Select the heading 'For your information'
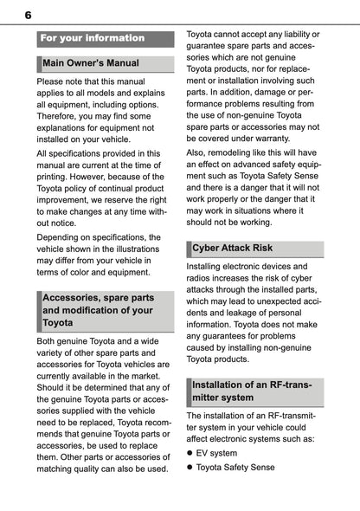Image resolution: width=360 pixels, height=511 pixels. point(93,38)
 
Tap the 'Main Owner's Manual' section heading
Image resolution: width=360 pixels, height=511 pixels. point(90,63)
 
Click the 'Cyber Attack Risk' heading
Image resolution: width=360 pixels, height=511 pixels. point(231,248)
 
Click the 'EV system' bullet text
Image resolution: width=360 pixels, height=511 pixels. point(216,453)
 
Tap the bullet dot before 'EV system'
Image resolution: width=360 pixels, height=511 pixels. point(190,453)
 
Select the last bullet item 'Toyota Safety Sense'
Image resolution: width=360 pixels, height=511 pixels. point(235,468)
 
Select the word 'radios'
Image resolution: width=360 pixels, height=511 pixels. point(202,281)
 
